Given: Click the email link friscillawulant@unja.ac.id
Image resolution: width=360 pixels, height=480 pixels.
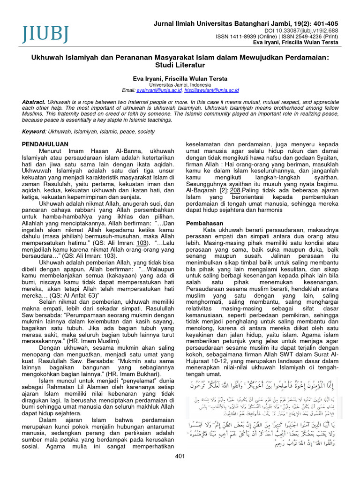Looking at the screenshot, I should tap(212, 90).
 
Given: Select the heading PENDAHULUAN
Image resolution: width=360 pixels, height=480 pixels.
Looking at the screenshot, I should tap(45, 144).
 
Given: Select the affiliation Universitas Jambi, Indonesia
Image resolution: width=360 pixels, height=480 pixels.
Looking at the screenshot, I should tap(180, 84).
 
